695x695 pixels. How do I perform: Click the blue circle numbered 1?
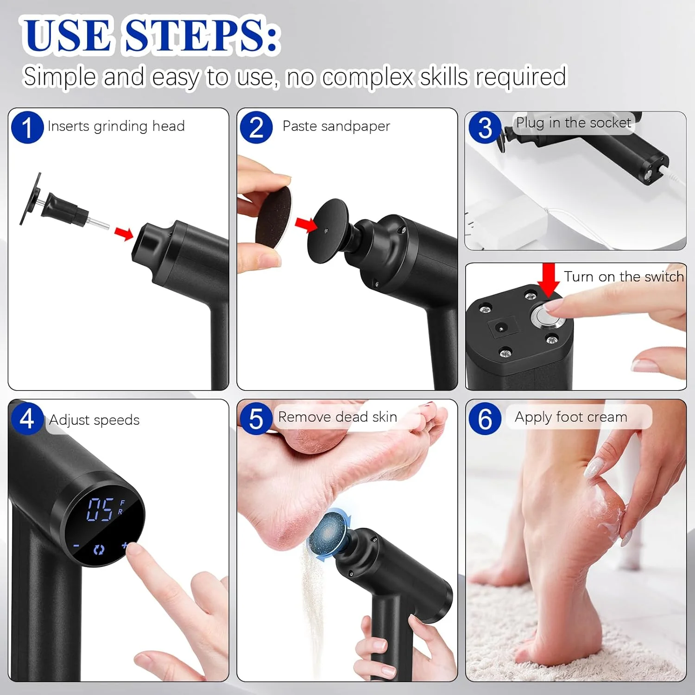pos(27,127)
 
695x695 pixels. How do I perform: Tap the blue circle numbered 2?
pos(256,127)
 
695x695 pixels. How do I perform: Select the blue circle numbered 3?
pos(485,127)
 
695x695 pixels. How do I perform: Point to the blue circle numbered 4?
pos(27,418)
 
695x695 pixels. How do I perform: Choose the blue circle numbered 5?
pos(256,419)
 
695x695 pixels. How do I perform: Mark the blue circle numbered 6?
pos(485,419)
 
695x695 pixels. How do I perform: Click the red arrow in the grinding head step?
pos(124,233)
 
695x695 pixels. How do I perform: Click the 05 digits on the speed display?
pos(101,510)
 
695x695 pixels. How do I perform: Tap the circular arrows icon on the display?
pos(99,550)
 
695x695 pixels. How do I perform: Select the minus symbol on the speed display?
pos(76,546)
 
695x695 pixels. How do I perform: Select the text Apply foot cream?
pos(571,417)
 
